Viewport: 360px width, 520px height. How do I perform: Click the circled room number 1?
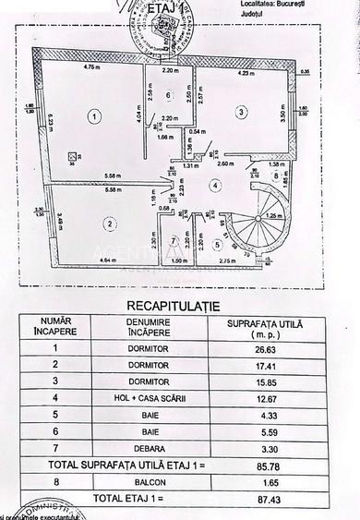[x=93, y=116]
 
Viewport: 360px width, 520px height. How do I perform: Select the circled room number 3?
[x=241, y=112]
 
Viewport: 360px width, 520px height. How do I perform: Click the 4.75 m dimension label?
[x=90, y=67]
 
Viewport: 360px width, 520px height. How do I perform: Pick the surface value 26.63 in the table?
[x=267, y=350]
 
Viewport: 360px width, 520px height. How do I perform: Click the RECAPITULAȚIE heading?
[x=180, y=302]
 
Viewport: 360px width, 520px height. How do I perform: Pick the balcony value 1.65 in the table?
[x=267, y=478]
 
